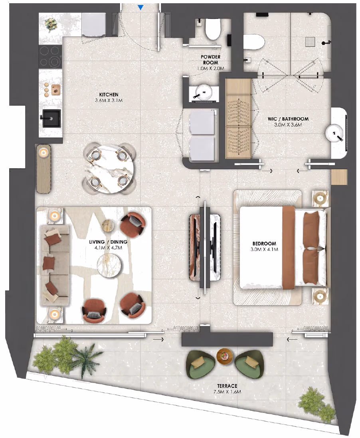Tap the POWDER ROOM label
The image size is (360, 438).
210,59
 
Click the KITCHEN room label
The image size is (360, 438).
109,95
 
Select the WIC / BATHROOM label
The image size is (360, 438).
288,119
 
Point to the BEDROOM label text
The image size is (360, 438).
264,243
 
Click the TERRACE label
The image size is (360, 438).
227,386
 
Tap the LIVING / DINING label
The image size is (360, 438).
108,242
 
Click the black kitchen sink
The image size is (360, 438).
51,118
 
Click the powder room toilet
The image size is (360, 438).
213,29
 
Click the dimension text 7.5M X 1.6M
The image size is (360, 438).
227,392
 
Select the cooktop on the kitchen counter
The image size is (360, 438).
50,56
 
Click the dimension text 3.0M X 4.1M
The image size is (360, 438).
264,249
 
